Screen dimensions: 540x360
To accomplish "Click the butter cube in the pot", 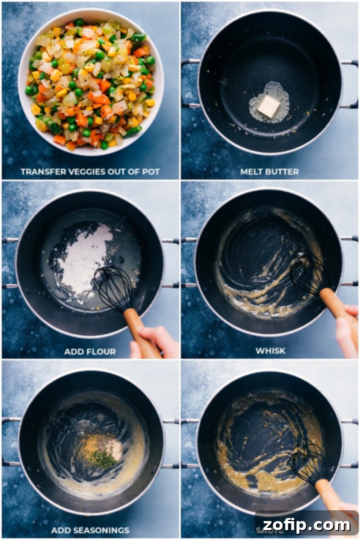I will [269, 106].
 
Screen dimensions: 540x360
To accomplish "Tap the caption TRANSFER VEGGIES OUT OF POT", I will [90, 171].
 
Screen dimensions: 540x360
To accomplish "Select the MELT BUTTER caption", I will [270, 171].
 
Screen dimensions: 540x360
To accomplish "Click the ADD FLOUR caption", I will [90, 351].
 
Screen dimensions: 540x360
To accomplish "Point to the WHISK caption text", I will [270, 351].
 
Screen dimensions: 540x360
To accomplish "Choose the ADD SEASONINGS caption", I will [90, 530].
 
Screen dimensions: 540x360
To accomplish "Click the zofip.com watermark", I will [306, 524].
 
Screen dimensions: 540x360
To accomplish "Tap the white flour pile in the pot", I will [85, 259].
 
